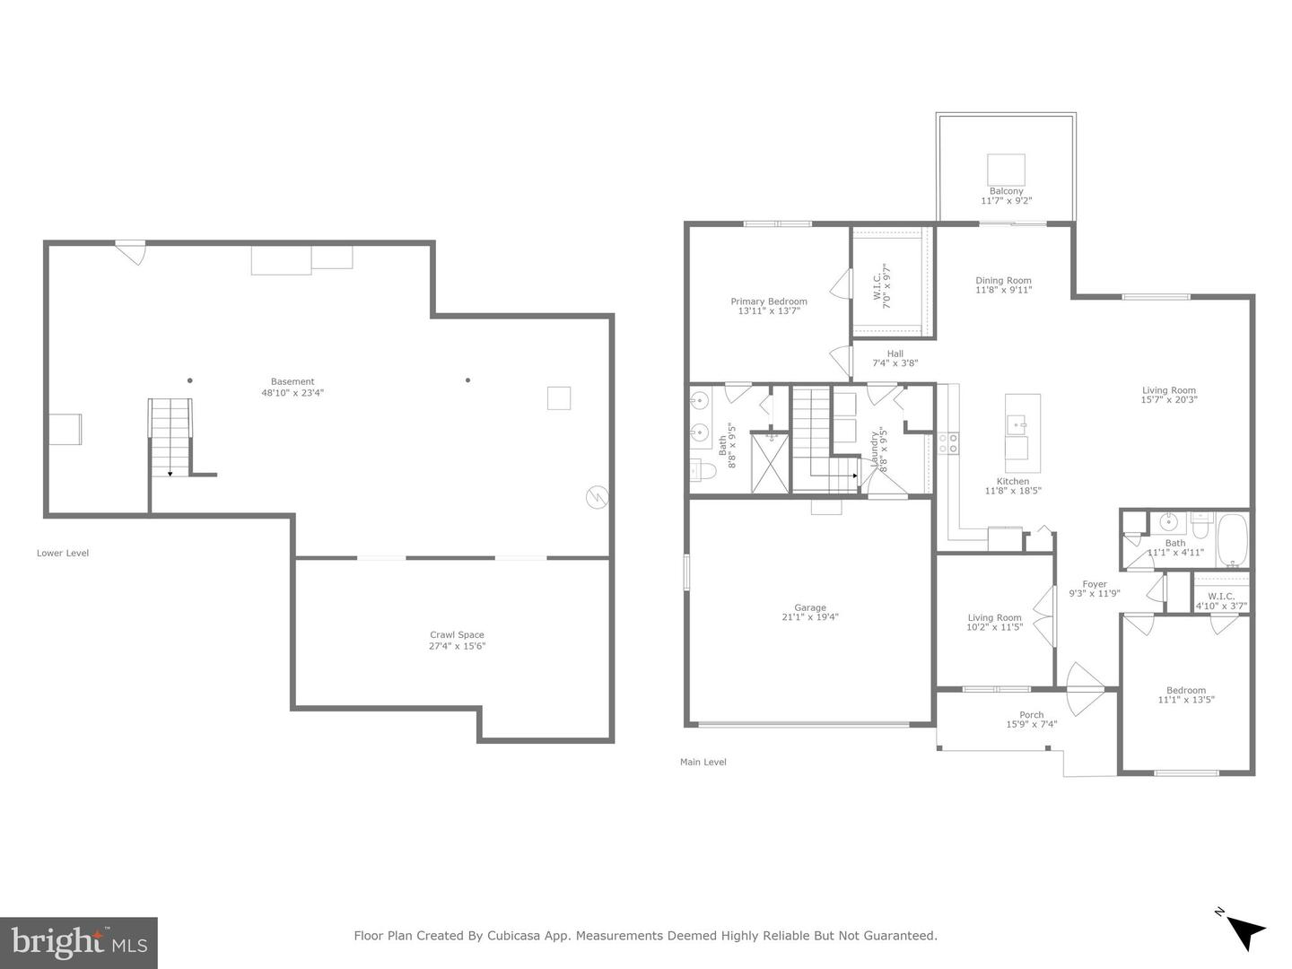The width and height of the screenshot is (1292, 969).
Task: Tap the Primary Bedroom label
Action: point(768,301)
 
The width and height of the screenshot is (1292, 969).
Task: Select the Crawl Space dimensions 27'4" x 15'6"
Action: point(457,646)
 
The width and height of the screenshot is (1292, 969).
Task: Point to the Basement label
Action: point(292,381)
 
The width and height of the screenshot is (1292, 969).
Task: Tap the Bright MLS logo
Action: point(79,942)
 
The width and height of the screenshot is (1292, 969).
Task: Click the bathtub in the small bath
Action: point(1232,539)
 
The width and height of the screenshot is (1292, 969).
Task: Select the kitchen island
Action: point(1022,432)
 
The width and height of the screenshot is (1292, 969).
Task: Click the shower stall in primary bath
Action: point(769,462)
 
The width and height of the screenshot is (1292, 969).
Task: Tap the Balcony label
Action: point(1006,191)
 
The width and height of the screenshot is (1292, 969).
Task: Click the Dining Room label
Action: point(1003,281)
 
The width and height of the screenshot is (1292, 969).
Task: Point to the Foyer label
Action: point(1094,584)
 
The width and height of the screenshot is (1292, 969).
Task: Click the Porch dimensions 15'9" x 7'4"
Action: point(1032,724)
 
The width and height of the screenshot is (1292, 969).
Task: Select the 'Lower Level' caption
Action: point(63,553)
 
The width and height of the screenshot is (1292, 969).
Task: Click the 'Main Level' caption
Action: point(703,762)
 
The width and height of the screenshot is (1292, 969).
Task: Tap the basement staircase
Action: point(170,437)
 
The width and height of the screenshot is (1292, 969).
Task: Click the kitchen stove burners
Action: point(947,442)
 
